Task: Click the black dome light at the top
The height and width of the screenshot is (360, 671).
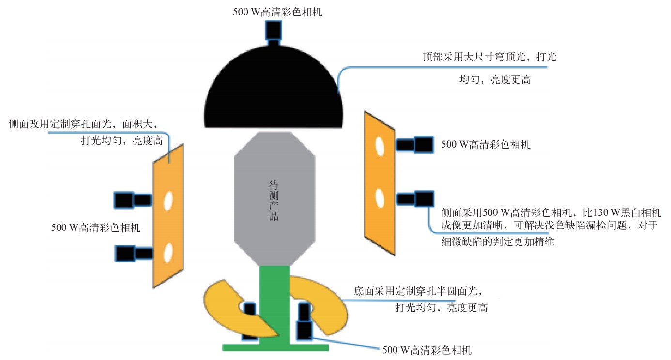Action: point(274,90)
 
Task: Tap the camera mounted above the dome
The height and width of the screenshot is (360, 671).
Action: point(274,33)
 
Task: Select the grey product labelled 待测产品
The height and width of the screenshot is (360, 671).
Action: point(274,199)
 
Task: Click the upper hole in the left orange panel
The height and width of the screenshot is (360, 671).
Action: point(168,201)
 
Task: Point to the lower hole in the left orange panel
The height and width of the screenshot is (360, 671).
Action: point(168,253)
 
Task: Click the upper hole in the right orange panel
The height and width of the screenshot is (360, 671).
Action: point(380,147)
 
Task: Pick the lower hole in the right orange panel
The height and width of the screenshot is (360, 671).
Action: point(380,198)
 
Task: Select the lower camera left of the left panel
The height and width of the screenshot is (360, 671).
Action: point(134,254)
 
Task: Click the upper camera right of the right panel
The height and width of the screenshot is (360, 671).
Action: point(415,145)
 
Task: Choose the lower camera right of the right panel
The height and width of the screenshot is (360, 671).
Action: point(415,198)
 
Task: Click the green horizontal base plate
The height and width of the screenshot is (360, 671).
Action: point(275,347)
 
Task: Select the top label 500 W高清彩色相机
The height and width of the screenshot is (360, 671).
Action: point(277,12)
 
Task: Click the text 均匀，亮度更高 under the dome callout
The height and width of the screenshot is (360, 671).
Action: point(495,80)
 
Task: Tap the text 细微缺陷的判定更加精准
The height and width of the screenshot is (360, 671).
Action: point(498,241)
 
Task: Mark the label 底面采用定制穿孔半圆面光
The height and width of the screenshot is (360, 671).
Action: point(415,291)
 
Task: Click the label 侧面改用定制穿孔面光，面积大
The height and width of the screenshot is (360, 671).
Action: point(80,124)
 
